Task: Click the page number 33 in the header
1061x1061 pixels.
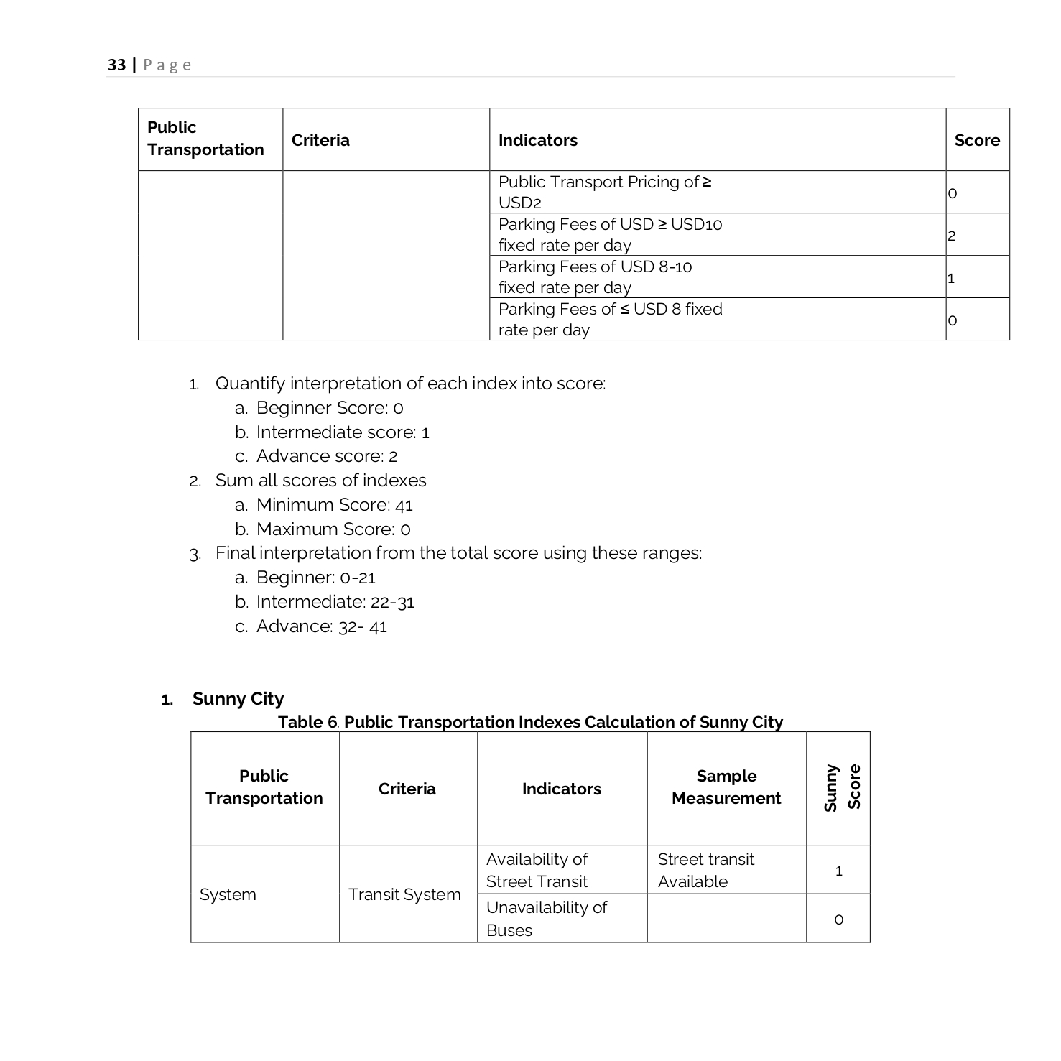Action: [x=116, y=65]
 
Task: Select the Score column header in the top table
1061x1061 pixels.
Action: [x=976, y=140]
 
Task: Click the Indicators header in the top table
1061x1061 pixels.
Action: [x=537, y=140]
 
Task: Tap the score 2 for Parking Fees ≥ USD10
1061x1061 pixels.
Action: [x=952, y=236]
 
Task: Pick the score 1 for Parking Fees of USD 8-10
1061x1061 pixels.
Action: [x=951, y=278]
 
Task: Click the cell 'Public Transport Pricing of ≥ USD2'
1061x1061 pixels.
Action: [x=604, y=192]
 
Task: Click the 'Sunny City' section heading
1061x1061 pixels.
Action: [x=238, y=699]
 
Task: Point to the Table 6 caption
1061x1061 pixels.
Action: [x=530, y=722]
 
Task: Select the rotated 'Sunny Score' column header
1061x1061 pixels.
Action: [x=841, y=788]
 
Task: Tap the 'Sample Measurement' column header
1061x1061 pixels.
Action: [x=726, y=787]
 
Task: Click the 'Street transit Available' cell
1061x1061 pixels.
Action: [x=705, y=870]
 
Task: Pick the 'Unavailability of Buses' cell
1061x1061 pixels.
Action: [x=546, y=918]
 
